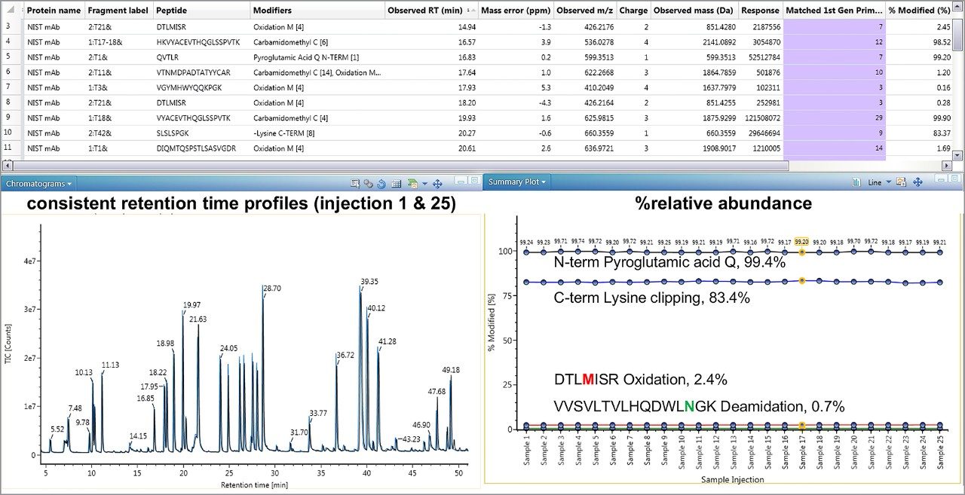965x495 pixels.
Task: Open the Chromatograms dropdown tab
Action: pos(38,183)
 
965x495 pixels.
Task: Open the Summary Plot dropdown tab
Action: pos(516,182)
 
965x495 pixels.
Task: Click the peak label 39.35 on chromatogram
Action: pos(369,282)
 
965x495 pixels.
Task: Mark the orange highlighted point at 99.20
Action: pos(801,252)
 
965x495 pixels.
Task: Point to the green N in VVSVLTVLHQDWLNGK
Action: pos(688,407)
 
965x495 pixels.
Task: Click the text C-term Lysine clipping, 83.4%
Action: pos(651,298)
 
